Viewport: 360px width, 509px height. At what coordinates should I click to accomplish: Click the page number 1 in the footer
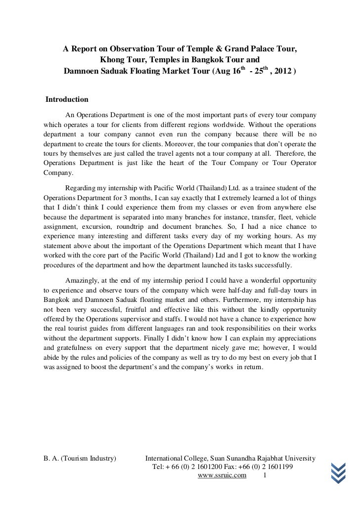click(266, 476)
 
